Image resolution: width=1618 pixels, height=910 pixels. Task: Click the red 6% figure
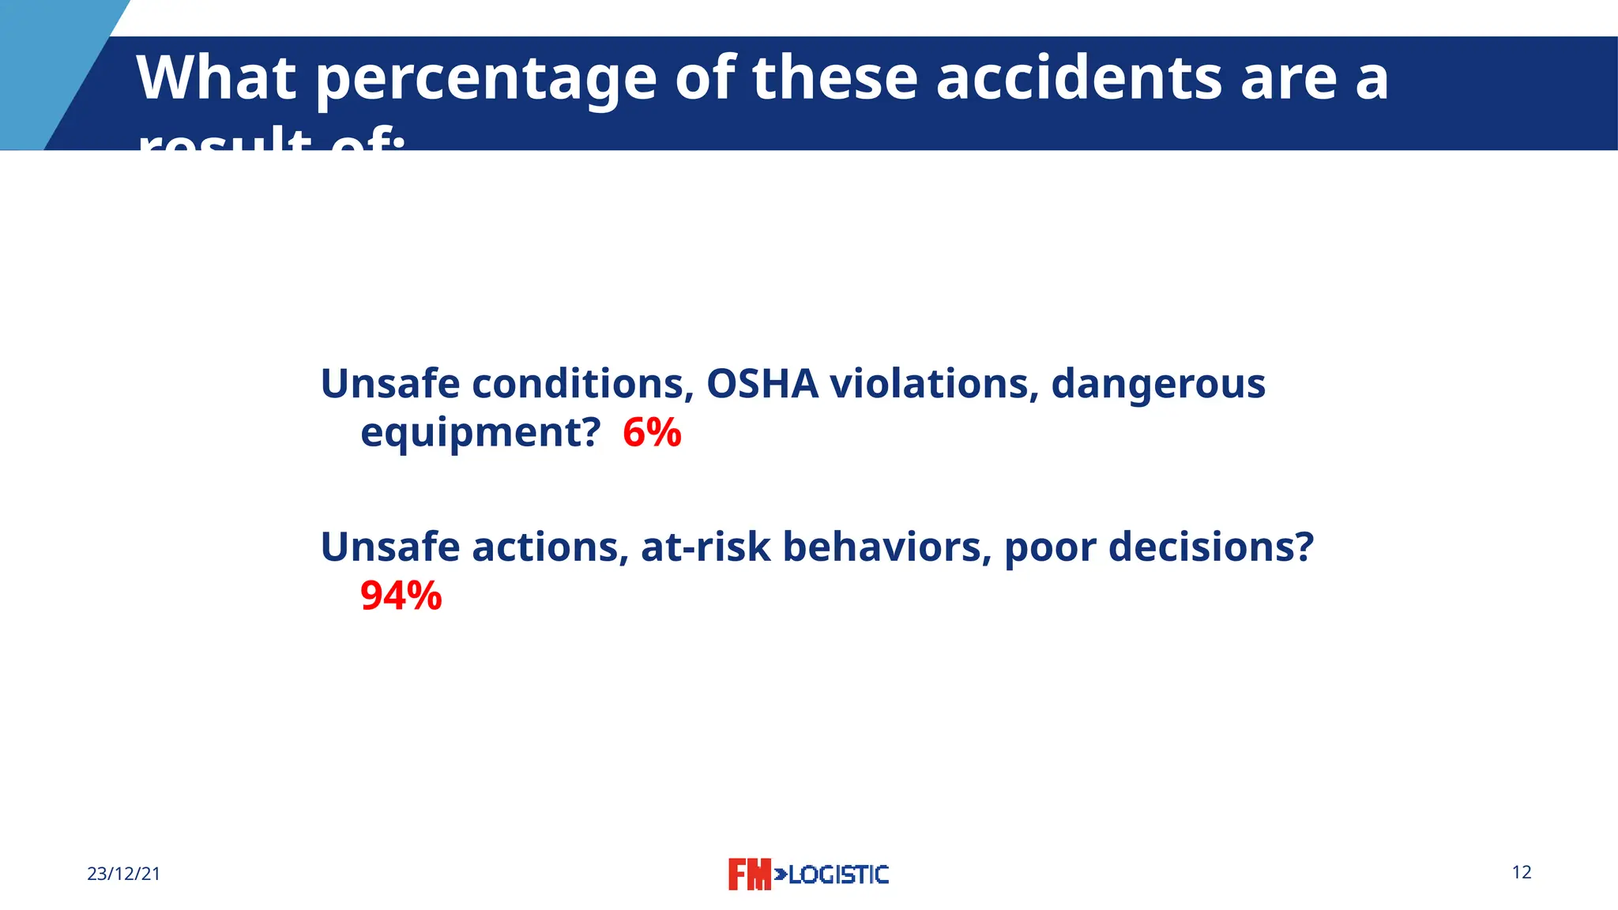coord(652,433)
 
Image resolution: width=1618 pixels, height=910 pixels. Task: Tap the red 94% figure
coord(401,596)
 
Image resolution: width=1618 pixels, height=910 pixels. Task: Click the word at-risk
coord(706,547)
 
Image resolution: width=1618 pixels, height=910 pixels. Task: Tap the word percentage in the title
coord(486,79)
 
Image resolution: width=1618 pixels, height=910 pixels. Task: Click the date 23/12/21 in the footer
coord(123,874)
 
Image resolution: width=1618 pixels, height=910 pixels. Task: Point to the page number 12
coord(1521,872)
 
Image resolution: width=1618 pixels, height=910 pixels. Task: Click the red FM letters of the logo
coord(748,874)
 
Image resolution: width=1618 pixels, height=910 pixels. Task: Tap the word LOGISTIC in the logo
coord(837,874)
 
